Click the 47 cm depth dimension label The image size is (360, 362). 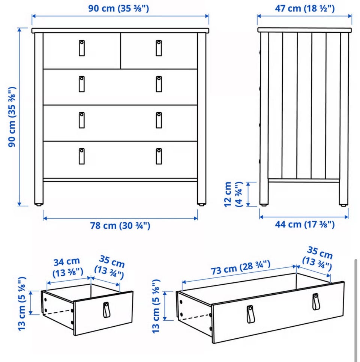[x=304, y=9]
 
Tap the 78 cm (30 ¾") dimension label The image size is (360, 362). [x=120, y=226]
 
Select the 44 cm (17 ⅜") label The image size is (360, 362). [x=304, y=224]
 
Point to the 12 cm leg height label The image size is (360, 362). [x=233, y=194]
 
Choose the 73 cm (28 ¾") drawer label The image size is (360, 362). [x=240, y=268]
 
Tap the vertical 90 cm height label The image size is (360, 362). [x=12, y=117]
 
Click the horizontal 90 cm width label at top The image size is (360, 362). [x=118, y=9]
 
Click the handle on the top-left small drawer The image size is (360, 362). [x=82, y=48]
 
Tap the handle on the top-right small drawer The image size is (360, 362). [x=159, y=48]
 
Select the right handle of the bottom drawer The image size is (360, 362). [x=159, y=156]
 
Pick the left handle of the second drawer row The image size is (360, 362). [x=82, y=84]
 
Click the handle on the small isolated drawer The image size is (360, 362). [x=106, y=309]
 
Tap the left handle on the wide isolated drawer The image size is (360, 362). [x=250, y=314]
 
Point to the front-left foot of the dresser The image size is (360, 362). [x=39, y=204]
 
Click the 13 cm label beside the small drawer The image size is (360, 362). [x=22, y=303]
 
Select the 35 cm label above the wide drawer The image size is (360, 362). [x=318, y=259]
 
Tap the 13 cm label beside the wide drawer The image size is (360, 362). [x=156, y=306]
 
